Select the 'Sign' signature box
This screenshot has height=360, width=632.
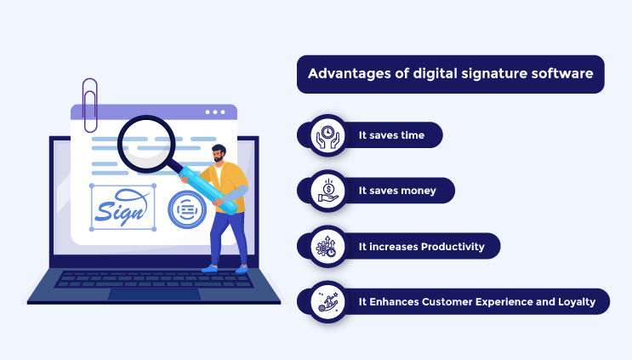pos(122,208)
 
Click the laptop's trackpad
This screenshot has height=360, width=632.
pos(153,294)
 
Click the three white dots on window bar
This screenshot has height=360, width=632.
pos(215,111)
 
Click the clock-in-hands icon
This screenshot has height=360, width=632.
pos(324,135)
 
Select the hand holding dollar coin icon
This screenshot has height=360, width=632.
pos(325,191)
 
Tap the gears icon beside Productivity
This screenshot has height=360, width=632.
pos(325,247)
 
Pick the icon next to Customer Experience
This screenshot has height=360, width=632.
pos(325,301)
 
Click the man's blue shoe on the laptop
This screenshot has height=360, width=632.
pos(208,268)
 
